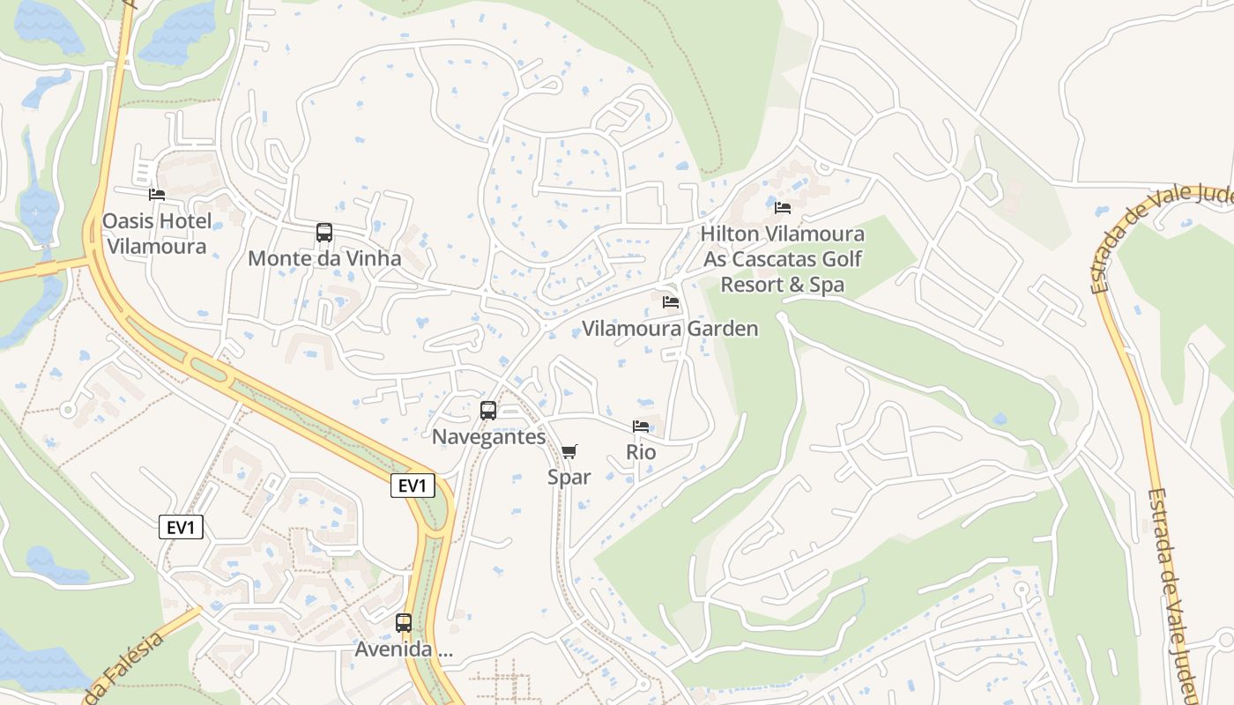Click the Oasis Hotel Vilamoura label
tap(157, 234)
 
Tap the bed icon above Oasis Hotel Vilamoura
tap(157, 194)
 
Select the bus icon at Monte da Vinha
tap(324, 233)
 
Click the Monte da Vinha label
tap(324, 258)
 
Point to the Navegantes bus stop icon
tap(487, 410)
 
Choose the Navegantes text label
tap(488, 436)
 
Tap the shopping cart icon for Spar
tap(569, 452)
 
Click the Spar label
tap(569, 477)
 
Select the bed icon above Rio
tap(641, 427)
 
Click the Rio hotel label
tap(641, 452)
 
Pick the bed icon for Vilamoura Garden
tap(671, 302)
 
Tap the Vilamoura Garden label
tap(670, 329)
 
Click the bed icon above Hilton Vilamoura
tap(783, 208)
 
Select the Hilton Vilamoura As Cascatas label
tap(783, 259)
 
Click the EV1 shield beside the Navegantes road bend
tap(413, 486)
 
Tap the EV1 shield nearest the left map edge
tap(182, 527)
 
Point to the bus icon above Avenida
tap(404, 623)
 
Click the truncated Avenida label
tap(404, 649)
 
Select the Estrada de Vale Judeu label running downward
tap(1171, 586)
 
